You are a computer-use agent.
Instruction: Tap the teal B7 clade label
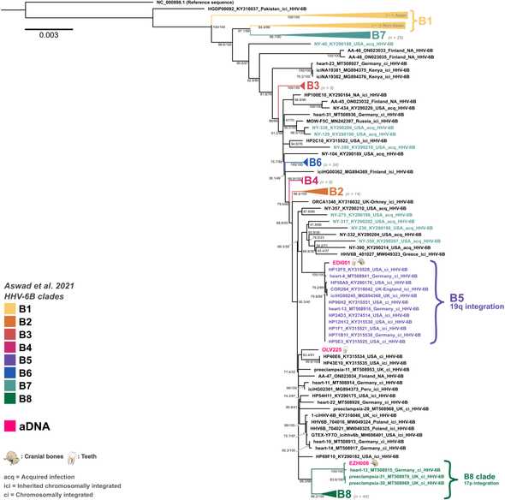coord(377,36)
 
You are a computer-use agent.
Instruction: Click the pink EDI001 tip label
coord(330,239)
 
